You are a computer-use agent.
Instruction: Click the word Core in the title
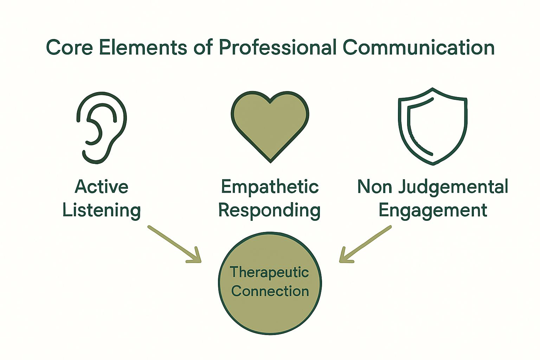click(x=69, y=47)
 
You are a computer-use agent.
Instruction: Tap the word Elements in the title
click(x=143, y=47)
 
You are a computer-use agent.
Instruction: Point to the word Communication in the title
click(x=419, y=47)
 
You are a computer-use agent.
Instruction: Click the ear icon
click(x=102, y=127)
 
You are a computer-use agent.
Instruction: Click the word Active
click(x=102, y=187)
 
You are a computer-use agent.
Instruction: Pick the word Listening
click(x=102, y=211)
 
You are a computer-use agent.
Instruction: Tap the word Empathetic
click(x=270, y=187)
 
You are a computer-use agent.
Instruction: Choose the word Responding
click(x=269, y=211)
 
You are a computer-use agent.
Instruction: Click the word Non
click(x=375, y=187)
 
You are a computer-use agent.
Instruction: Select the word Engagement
click(x=433, y=211)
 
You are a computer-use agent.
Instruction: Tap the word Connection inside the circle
click(x=270, y=291)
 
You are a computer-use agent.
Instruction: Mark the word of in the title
click(x=203, y=47)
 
